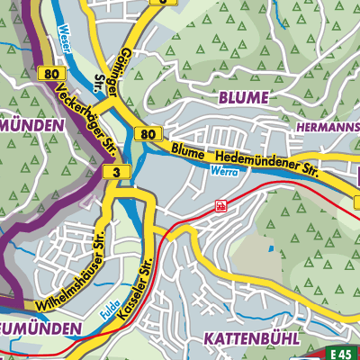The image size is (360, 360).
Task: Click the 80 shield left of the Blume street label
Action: pyautogui.click(x=149, y=133)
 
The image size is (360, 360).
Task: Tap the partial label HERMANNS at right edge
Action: pyautogui.click(x=328, y=128)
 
